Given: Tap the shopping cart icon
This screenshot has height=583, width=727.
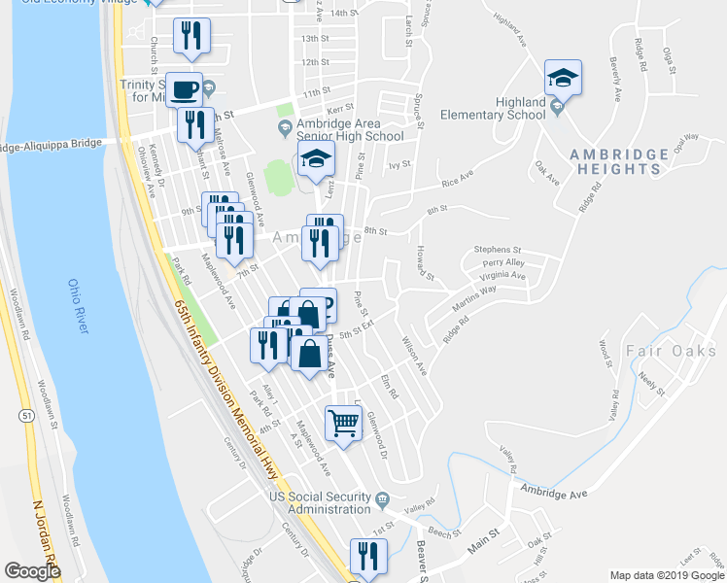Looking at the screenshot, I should click(x=342, y=423).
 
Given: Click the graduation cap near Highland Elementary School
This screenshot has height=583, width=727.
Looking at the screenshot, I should click(x=563, y=76).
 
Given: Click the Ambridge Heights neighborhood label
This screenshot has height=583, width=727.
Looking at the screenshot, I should click(x=619, y=161).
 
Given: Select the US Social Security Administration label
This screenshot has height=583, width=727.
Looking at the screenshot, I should click(x=320, y=503).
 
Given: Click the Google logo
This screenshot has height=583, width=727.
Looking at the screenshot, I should click(x=33, y=570).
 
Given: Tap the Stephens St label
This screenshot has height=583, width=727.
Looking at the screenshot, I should click(x=498, y=250).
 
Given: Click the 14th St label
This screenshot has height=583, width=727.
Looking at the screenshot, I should click(x=344, y=14).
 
